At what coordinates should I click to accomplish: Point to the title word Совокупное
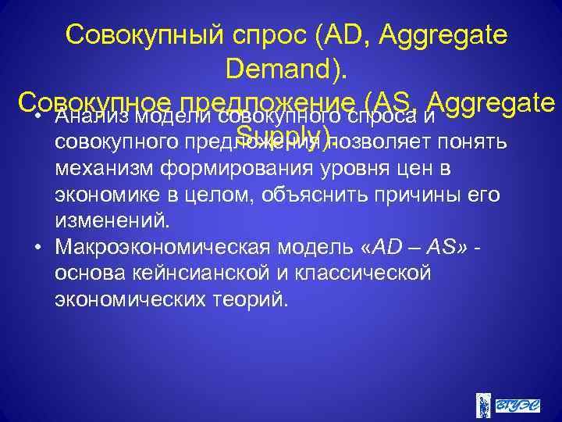[94, 103]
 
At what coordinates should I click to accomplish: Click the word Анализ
[89, 118]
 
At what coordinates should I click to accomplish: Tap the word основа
[87, 273]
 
